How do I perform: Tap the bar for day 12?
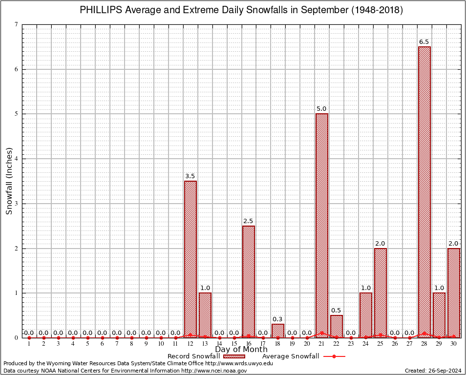coord(191,259)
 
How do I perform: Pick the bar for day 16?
coord(249,281)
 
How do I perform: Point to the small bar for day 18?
coord(278,331)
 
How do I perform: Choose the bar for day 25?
coord(381,292)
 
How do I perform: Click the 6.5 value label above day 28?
coord(424,42)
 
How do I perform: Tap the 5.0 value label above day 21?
coord(321,109)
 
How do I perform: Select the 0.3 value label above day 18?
coord(277,319)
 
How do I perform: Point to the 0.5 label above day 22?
coord(336,311)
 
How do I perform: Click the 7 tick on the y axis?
coord(17,24)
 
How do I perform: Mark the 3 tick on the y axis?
coord(17,204)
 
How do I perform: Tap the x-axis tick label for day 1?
coord(29,344)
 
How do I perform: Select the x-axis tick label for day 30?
coord(454,344)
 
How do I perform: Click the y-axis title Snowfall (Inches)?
coord(9,181)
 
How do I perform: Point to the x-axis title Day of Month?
coord(241,350)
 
